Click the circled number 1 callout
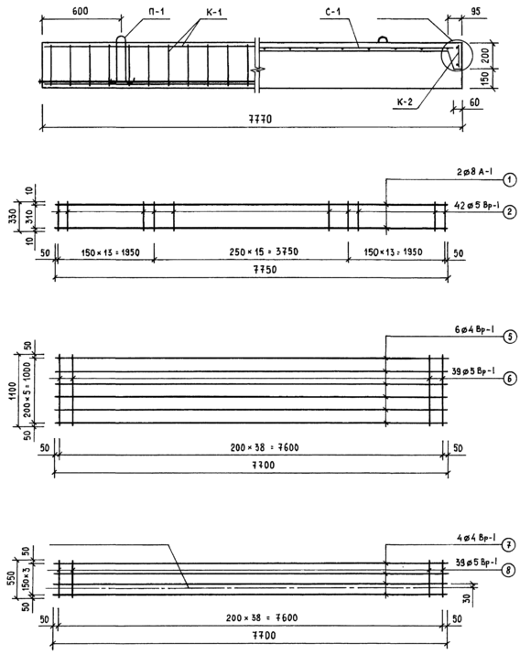[510, 180]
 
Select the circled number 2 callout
[510, 212]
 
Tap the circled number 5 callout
[510, 337]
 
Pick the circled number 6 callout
[510, 379]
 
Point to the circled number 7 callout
[508, 545]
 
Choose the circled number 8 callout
[508, 570]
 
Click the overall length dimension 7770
[260, 119]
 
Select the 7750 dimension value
[265, 270]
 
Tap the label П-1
[156, 12]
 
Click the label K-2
[405, 102]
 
